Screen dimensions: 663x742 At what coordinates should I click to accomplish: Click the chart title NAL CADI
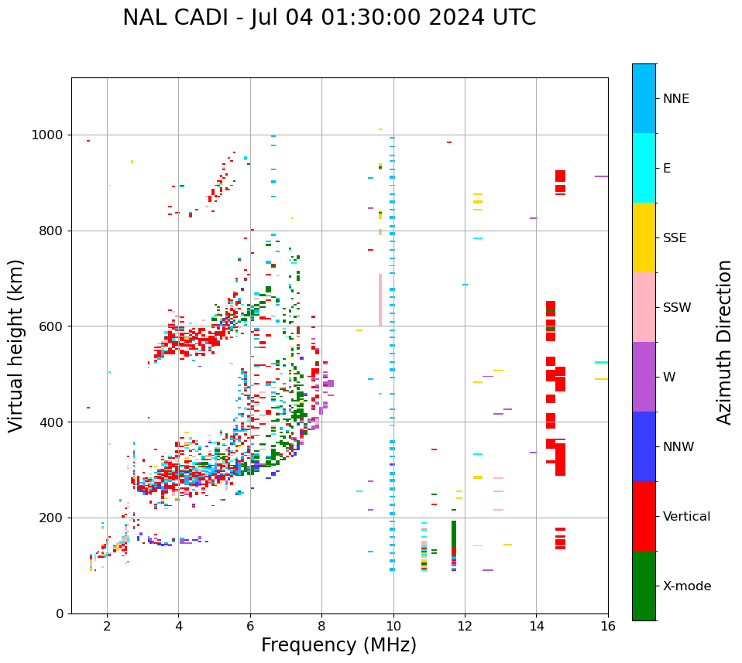click(x=329, y=18)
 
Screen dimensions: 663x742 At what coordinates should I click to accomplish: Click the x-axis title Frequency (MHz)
click(x=338, y=645)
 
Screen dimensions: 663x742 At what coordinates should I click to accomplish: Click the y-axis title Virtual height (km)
click(x=16, y=346)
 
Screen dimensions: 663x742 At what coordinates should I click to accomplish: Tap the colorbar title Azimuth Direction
click(x=724, y=342)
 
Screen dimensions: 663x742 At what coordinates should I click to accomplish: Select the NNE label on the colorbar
click(x=675, y=99)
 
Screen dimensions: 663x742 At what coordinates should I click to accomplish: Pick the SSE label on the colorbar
click(x=674, y=238)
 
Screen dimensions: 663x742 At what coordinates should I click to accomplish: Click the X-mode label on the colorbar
click(x=686, y=586)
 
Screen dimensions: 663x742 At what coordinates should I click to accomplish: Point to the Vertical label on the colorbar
click(x=686, y=517)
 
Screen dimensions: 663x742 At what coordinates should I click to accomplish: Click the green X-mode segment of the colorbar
click(x=644, y=586)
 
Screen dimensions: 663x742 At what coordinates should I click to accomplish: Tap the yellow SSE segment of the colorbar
click(x=644, y=238)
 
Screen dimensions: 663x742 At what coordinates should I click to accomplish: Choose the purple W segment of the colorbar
click(x=644, y=377)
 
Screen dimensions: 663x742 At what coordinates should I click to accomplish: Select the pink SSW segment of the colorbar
click(x=644, y=307)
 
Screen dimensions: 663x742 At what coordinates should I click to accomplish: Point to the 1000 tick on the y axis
click(x=50, y=135)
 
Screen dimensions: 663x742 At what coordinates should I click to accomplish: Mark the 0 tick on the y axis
click(x=60, y=613)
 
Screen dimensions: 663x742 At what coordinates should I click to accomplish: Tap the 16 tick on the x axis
click(x=608, y=626)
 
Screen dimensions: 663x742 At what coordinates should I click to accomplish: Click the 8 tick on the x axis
click(x=321, y=626)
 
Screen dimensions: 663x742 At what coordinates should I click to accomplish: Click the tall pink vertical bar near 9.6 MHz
click(x=380, y=300)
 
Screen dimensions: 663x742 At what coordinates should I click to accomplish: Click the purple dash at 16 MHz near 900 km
click(x=601, y=176)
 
